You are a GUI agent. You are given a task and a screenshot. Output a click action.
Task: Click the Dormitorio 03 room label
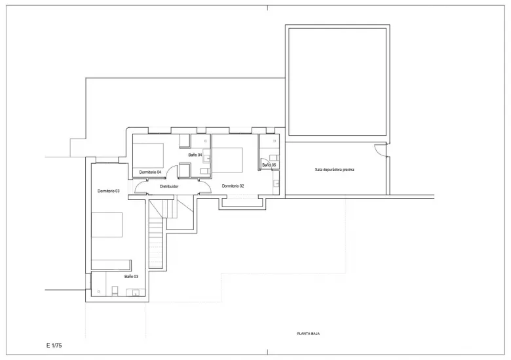click(109, 191)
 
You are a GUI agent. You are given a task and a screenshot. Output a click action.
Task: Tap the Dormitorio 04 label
click(150, 172)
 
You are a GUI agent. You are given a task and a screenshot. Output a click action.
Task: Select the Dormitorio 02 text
click(233, 186)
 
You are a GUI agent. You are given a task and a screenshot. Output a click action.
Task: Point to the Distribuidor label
click(169, 186)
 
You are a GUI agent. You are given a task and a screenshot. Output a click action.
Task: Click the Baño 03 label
click(131, 276)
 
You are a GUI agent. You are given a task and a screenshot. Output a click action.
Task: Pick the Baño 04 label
click(195, 155)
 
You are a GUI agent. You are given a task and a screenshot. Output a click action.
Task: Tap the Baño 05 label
click(269, 165)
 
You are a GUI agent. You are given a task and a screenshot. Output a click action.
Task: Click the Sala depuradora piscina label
click(334, 170)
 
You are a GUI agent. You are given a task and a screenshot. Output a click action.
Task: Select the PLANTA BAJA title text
click(309, 334)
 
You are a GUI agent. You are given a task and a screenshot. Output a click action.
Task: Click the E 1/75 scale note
click(54, 346)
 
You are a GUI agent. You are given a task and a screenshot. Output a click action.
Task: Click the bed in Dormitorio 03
click(107, 225)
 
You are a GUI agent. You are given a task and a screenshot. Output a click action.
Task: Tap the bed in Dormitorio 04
click(148, 155)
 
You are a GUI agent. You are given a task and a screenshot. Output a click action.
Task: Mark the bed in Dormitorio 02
click(227, 160)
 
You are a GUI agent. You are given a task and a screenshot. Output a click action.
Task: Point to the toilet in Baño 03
click(115, 290)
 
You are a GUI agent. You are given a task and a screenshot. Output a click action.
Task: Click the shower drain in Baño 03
click(99, 291)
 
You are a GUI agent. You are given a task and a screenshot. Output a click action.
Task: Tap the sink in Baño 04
click(206, 159)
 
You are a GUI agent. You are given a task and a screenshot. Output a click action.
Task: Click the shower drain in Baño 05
click(274, 141)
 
